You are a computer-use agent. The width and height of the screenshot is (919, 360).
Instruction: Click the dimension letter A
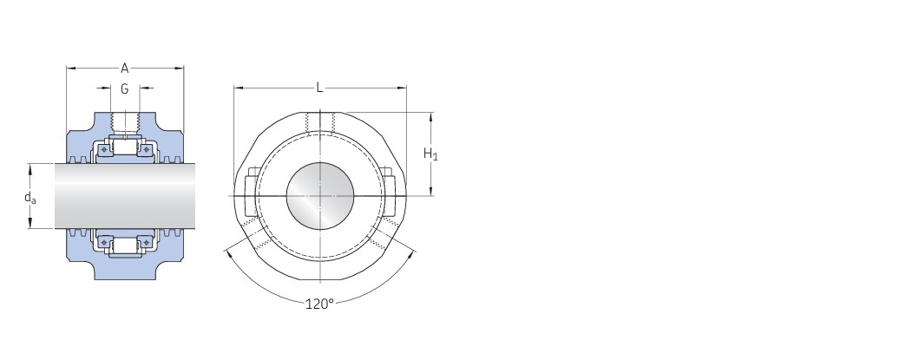click(124, 69)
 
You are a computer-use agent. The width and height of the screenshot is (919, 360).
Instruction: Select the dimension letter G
click(124, 89)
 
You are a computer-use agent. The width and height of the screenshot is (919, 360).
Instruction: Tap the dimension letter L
click(319, 88)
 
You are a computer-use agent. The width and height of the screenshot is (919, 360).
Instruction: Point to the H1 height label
click(430, 154)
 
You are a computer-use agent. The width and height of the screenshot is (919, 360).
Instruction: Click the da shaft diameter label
click(30, 197)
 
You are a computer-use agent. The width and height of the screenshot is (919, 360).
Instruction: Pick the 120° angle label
click(319, 304)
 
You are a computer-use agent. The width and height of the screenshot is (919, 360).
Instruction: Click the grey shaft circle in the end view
click(320, 196)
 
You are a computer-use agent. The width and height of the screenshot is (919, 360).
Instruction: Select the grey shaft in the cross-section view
click(125, 196)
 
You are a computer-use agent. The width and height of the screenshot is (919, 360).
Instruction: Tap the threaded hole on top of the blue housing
click(125, 122)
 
